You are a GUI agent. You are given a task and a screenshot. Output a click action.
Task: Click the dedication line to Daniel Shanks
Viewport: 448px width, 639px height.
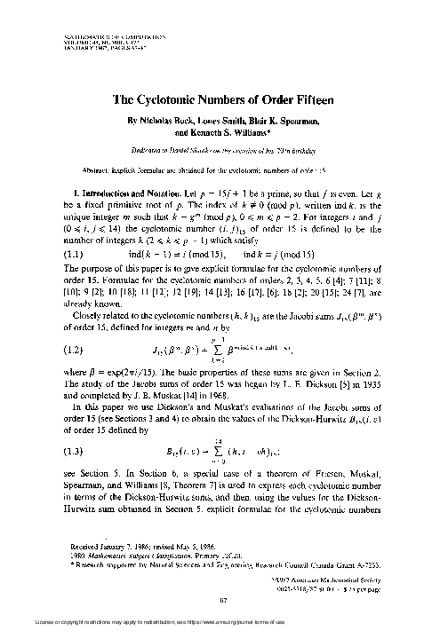click(x=225, y=150)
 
